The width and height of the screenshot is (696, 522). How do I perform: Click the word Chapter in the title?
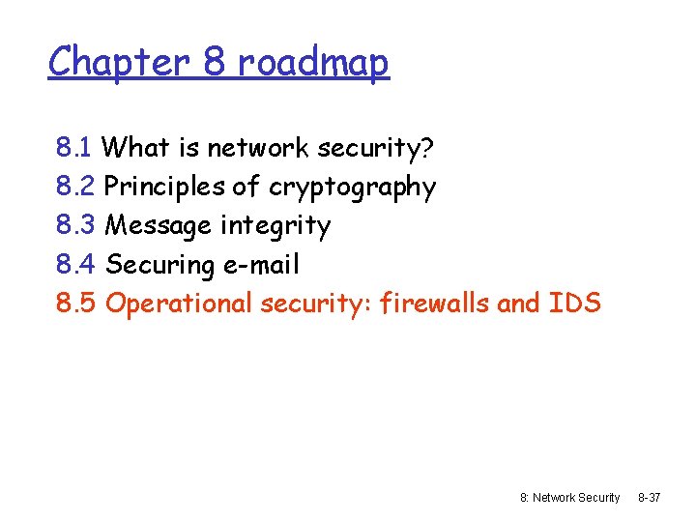click(x=120, y=62)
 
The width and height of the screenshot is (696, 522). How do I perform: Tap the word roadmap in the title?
click(x=313, y=62)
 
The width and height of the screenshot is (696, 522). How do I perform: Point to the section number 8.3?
click(x=75, y=225)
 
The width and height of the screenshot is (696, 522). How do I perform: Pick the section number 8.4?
click(x=75, y=264)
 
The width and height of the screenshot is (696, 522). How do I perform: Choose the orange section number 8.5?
click(x=75, y=303)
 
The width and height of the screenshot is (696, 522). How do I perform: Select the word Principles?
click(x=165, y=187)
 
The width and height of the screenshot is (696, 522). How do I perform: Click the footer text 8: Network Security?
click(x=569, y=497)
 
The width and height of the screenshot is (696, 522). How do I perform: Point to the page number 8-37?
click(x=649, y=497)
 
